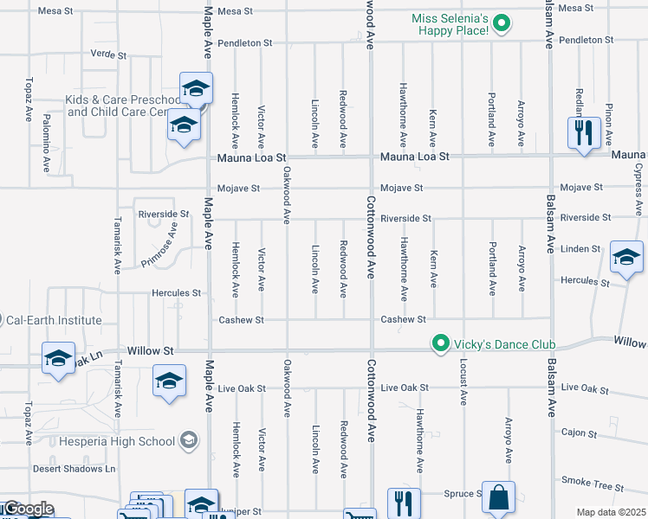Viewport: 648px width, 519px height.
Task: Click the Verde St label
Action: coord(108,54)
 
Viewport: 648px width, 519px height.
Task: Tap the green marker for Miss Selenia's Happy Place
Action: coord(502,24)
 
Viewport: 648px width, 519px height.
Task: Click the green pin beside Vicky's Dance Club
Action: coord(441,344)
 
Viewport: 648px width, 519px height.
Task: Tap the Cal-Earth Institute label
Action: coord(54,320)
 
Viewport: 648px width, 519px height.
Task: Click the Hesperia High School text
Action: coord(117,441)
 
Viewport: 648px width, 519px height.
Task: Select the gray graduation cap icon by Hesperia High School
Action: coord(187,441)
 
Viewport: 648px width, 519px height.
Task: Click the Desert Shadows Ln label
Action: coord(74,469)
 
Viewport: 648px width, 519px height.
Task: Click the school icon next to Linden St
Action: coord(626,257)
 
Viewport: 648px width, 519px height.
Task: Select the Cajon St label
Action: coord(580,432)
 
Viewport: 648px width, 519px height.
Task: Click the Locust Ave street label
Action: coord(463,386)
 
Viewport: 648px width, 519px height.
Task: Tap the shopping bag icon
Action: coord(498,497)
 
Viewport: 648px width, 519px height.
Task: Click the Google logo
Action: coord(28,509)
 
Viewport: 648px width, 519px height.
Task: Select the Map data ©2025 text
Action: coord(610,512)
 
